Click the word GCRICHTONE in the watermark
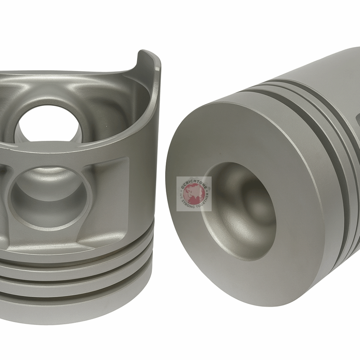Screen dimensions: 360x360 click(x=194, y=181)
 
